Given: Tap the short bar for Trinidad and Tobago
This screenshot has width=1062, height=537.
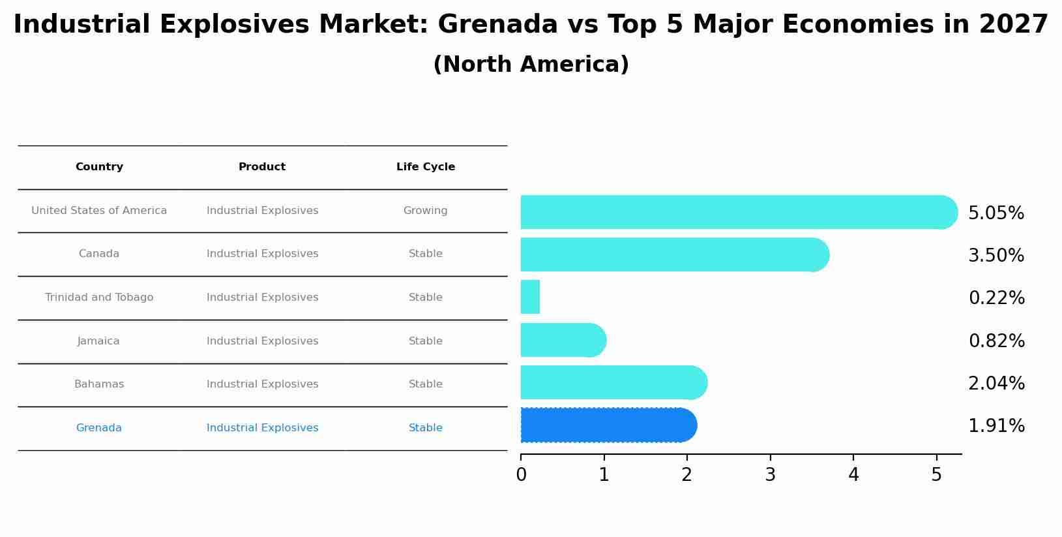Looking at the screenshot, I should pyautogui.click(x=530, y=297).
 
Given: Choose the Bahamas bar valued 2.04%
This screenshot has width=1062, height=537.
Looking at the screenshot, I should pyautogui.click(x=613, y=382).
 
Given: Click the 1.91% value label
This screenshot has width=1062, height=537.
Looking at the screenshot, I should pyautogui.click(x=996, y=426).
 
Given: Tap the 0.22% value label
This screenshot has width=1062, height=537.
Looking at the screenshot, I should pyautogui.click(x=996, y=298).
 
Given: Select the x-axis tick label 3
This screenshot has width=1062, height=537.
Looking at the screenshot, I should pyautogui.click(x=770, y=475).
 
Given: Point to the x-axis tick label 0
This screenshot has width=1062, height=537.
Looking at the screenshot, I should pyautogui.click(x=521, y=475).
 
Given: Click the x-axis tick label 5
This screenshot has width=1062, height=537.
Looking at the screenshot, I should pyautogui.click(x=936, y=475).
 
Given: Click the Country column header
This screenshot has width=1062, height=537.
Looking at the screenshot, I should pyautogui.click(x=99, y=167).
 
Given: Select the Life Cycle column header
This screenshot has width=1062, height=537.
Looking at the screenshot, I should pyautogui.click(x=426, y=167).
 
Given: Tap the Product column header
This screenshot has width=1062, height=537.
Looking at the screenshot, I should pyautogui.click(x=262, y=167).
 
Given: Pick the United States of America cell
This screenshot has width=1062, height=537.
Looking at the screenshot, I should pyautogui.click(x=99, y=211).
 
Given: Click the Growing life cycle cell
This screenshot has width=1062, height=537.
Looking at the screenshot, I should pyautogui.click(x=426, y=211).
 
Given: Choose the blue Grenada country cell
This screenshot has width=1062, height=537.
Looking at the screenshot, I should pyautogui.click(x=99, y=428).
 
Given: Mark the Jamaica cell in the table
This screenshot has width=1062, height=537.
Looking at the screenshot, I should pyautogui.click(x=98, y=341).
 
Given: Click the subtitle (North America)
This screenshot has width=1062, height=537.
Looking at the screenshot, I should pyautogui.click(x=531, y=65).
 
